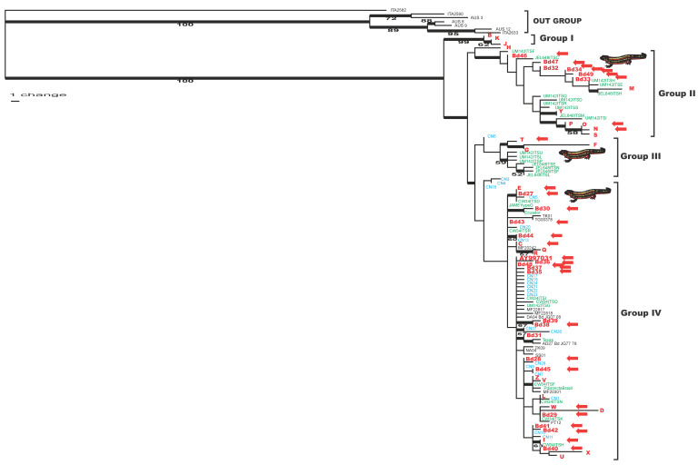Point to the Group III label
click(641, 155)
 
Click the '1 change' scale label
click(32, 94)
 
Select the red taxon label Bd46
click(519, 56)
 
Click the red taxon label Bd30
click(543, 209)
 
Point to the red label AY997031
click(535, 258)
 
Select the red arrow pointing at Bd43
click(561, 222)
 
